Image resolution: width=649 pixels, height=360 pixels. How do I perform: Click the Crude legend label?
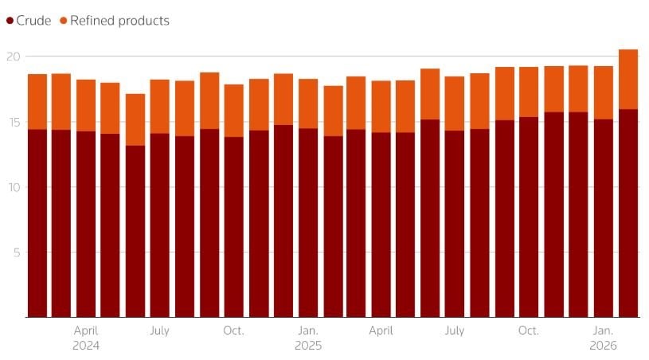[x=33, y=21]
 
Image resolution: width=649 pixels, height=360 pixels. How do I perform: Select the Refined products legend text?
[x=119, y=21]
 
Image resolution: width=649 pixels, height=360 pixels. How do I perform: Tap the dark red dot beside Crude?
[x=10, y=21]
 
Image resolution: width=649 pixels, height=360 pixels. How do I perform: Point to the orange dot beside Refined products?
[x=63, y=21]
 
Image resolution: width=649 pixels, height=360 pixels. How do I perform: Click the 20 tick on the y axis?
[x=12, y=57]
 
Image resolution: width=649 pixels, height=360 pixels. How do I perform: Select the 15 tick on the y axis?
[x=12, y=122]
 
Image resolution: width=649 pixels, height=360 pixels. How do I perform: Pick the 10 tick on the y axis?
[x=12, y=187]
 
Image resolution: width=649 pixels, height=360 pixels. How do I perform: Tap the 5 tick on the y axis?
[x=15, y=252]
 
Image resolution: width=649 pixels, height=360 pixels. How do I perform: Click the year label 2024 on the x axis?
[x=86, y=346]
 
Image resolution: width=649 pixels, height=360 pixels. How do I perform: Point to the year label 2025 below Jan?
[x=308, y=346]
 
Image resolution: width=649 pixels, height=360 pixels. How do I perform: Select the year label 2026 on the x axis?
[x=604, y=346]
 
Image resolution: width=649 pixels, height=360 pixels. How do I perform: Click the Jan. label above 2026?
[x=604, y=331]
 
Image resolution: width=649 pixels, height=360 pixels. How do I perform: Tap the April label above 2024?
[x=86, y=331]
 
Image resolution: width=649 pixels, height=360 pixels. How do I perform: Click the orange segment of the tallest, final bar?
[x=628, y=79]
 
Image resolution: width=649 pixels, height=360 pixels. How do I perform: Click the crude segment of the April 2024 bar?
[x=86, y=224]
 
